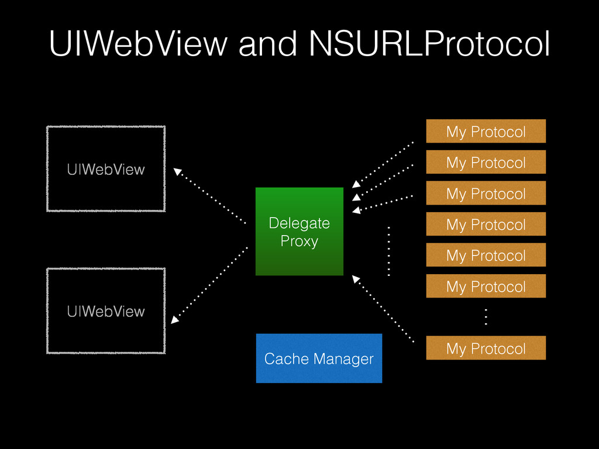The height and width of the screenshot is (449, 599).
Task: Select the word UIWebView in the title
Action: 137,44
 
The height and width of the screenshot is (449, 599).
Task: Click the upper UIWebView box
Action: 106,169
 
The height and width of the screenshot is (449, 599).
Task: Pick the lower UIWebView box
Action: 106,311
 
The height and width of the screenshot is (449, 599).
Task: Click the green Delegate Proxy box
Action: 299,232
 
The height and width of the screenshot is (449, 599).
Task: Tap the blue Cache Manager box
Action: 319,358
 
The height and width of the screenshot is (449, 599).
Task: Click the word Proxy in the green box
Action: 299,241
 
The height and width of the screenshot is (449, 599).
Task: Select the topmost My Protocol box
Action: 486,132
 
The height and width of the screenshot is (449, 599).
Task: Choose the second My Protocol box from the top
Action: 486,163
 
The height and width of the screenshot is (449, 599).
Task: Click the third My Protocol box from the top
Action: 486,194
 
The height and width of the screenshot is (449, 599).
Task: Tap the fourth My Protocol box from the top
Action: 486,224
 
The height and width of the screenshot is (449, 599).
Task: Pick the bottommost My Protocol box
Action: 486,348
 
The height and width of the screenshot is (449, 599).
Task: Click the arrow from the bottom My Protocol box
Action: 383,309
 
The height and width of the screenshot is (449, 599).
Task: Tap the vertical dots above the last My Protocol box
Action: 486,317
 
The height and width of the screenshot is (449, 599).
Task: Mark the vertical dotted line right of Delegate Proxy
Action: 388,250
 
